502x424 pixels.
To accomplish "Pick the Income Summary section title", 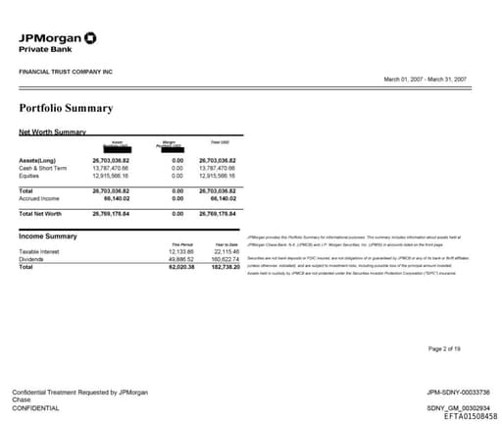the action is (x=48, y=237).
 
